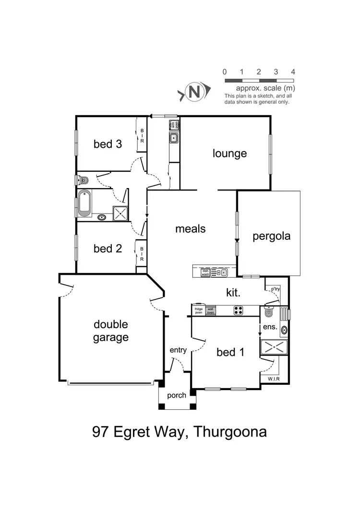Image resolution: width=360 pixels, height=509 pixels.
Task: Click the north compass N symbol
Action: click(195, 92)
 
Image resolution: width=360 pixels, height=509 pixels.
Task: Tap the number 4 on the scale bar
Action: click(293, 72)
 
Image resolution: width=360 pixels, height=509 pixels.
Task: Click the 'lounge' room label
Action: click(229, 154)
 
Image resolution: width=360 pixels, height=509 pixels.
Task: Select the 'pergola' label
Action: click(272, 236)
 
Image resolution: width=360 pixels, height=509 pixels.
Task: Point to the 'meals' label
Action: click(190, 229)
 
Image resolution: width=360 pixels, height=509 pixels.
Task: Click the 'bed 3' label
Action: click(108, 144)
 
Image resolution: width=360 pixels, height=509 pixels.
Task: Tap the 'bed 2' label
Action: click(108, 249)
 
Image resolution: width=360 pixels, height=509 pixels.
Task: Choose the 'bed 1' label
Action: click(231, 353)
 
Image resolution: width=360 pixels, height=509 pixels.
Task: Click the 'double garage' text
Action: click(111, 331)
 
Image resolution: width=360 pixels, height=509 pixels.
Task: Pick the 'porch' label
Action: click(177, 396)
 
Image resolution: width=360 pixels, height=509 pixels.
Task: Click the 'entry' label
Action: click(178, 350)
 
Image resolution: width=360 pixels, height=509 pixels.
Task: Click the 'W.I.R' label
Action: click(267, 379)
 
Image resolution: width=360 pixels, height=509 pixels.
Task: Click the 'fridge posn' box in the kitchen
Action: click(199, 310)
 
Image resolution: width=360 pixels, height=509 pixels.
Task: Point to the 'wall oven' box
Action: click(210, 310)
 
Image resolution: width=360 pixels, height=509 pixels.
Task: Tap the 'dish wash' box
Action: click(205, 272)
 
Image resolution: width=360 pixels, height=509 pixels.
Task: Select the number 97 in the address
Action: click(101, 432)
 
